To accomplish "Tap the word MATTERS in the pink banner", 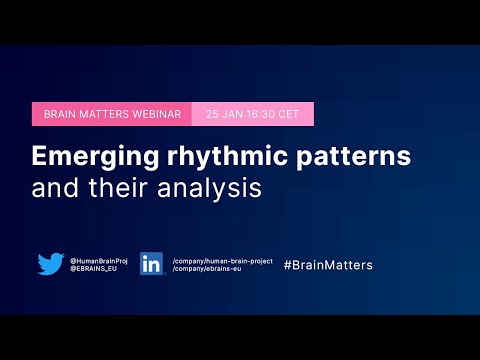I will (x=108, y=114).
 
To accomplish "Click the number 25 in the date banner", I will (x=212, y=114).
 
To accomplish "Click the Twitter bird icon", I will (x=51, y=264).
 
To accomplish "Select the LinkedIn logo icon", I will (x=152, y=264).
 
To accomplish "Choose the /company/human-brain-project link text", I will (x=222, y=259).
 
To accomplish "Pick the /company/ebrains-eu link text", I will (x=209, y=269).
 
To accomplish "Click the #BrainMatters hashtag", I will (x=328, y=265).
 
